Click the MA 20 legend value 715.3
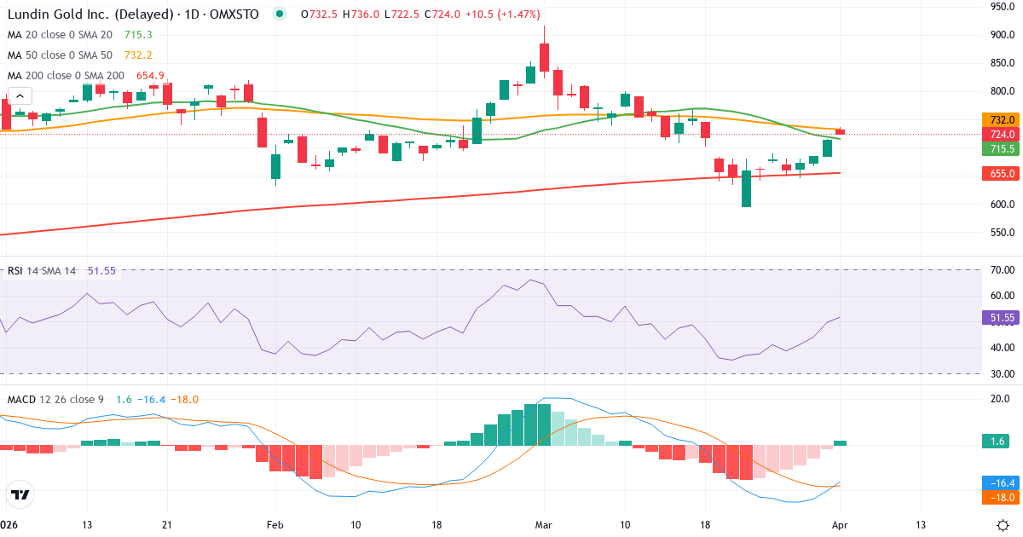point(138,35)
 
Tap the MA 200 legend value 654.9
point(150,76)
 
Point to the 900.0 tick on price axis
point(1002,35)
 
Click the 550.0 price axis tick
point(1002,233)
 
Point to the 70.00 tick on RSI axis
point(1003,270)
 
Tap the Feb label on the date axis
point(274,524)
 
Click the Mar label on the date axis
point(543,524)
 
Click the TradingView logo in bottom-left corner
point(20,494)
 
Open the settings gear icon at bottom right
point(1003,524)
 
